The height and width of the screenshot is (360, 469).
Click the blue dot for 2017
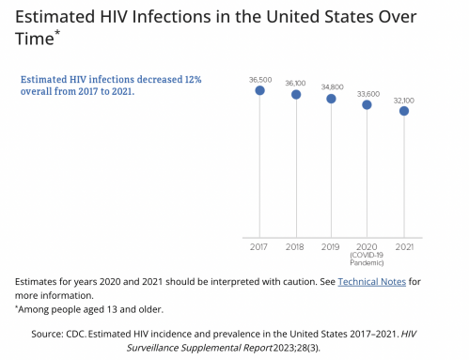click(259, 90)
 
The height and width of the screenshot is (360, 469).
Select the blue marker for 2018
click(296, 94)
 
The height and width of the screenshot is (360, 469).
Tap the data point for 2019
click(331, 99)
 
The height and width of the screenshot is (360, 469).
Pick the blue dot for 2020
click(367, 104)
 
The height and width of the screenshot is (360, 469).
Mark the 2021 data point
click(404, 111)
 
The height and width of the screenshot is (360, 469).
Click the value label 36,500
click(260, 80)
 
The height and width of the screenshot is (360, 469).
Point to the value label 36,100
click(295, 84)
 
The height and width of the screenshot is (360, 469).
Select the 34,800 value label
click(332, 87)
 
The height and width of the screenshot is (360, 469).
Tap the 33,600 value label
click(368, 94)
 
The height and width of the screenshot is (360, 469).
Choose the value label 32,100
click(404, 101)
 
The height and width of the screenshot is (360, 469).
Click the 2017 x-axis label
click(258, 247)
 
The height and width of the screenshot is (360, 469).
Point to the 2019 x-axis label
click(330, 247)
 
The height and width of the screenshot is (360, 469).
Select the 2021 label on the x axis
click(404, 247)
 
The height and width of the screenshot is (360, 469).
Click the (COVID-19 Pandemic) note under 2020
click(367, 258)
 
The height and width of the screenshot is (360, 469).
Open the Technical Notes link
click(372, 282)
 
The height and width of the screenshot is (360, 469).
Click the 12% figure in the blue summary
click(193, 79)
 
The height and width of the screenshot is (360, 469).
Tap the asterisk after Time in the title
click(57, 33)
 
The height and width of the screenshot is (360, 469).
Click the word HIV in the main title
click(114, 17)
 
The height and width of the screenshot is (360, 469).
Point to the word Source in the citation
click(47, 334)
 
